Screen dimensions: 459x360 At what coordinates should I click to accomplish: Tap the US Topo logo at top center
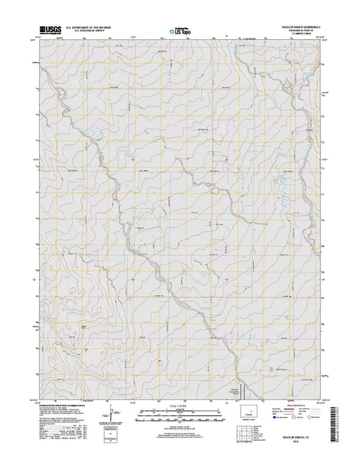[180, 33]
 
